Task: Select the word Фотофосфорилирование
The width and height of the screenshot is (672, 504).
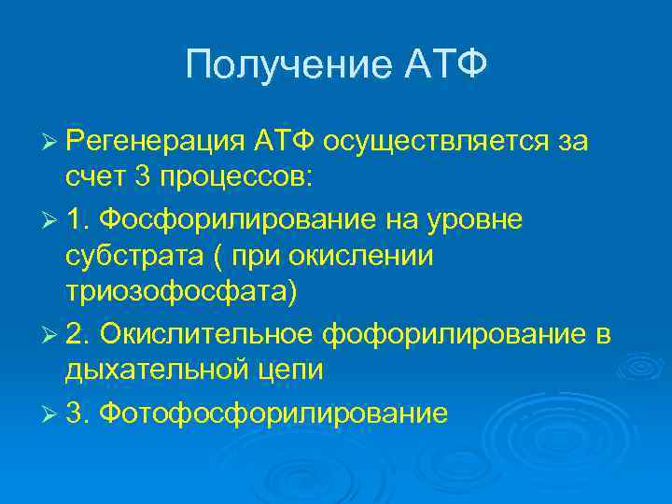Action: [x=271, y=412]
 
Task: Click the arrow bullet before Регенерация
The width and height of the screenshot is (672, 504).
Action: [x=50, y=141]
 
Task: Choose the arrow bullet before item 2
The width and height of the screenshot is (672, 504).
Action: [x=50, y=334]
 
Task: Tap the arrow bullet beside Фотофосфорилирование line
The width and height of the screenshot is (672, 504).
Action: [x=50, y=413]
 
